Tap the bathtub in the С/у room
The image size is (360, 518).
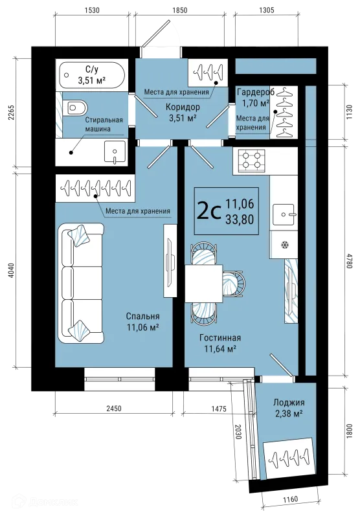point(92,75)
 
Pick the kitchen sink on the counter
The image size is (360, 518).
point(284,215)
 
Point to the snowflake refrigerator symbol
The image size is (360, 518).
point(284,245)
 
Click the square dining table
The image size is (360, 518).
point(203,284)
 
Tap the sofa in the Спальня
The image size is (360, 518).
point(81,283)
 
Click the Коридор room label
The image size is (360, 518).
point(183,107)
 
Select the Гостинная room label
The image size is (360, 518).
point(220,337)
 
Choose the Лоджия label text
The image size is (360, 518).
point(289,402)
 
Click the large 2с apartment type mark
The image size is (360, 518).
point(208,212)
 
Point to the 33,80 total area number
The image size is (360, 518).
point(240,220)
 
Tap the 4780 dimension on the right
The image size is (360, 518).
point(349,261)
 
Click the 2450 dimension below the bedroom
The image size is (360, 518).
point(113,409)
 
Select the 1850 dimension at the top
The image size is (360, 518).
point(179,10)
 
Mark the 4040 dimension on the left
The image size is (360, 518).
point(12,271)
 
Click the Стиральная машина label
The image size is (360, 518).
point(104,124)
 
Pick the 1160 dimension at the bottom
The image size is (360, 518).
point(291,499)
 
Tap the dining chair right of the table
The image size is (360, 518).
point(234,284)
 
